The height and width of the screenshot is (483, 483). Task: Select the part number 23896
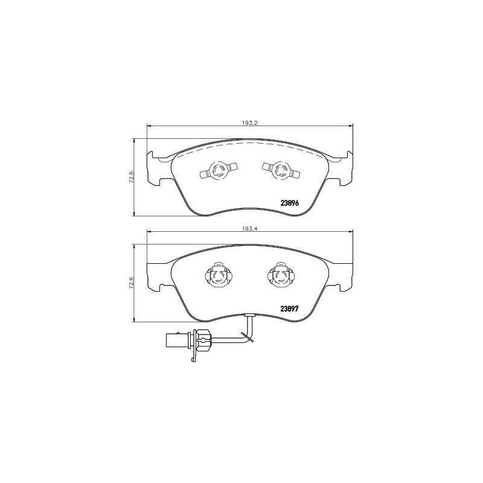(290, 203)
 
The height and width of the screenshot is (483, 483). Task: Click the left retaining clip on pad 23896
(218, 171)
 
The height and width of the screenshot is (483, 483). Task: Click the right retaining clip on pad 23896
(279, 171)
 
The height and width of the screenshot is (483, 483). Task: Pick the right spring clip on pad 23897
(280, 276)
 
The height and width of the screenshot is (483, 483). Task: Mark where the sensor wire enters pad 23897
(250, 315)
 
